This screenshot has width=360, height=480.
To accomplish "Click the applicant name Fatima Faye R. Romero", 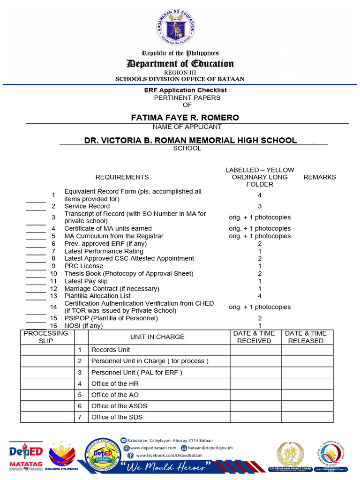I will pyautogui.click(x=185, y=118).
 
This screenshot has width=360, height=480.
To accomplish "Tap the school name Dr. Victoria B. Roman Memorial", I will pyautogui.click(x=190, y=140).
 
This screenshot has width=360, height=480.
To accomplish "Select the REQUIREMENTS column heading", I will pyautogui.click(x=122, y=177).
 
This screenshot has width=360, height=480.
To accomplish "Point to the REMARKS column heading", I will pyautogui.click(x=320, y=177).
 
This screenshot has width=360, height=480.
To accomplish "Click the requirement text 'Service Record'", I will pyautogui.click(x=87, y=206).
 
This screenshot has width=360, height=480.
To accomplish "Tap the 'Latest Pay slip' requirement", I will pyautogui.click(x=86, y=281).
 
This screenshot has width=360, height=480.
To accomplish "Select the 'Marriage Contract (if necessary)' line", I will pyautogui.click(x=112, y=288).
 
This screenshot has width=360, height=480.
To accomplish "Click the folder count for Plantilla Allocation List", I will pyautogui.click(x=260, y=296).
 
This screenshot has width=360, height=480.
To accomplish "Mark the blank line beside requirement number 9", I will pyautogui.click(x=36, y=269).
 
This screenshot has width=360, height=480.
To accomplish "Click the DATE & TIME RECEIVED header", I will pyautogui.click(x=254, y=337).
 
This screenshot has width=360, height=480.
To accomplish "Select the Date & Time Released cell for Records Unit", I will pyautogui.click(x=307, y=350).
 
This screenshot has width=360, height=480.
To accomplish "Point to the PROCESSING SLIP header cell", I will pyautogui.click(x=46, y=337).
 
